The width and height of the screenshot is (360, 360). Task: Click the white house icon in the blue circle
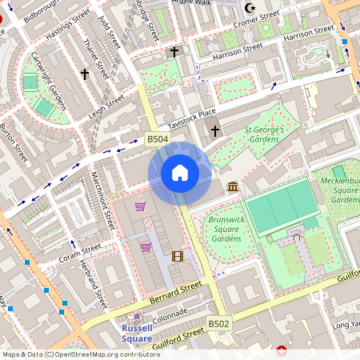[180, 173]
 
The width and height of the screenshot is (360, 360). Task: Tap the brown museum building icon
[233, 187]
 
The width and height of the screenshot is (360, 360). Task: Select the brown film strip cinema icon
[177, 256]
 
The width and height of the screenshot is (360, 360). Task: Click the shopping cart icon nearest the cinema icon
[146, 247]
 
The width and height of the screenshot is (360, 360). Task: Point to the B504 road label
[158, 139]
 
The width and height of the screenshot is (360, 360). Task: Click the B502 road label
[219, 323]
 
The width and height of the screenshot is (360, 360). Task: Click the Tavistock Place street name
[192, 119]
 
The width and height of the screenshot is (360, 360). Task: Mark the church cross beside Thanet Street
[84, 74]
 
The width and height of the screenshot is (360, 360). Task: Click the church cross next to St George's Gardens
[214, 130]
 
